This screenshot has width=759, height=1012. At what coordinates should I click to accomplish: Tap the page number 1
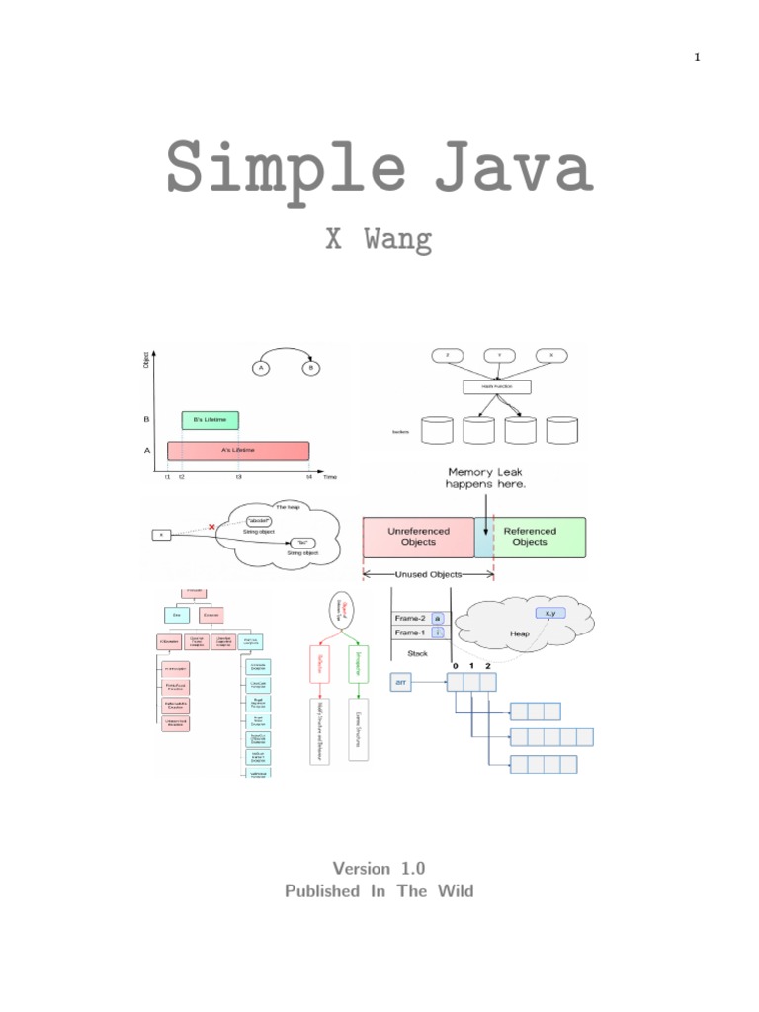697,57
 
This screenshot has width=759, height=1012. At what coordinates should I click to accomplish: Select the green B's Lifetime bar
210,420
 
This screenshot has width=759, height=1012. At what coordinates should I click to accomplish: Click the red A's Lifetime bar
238,451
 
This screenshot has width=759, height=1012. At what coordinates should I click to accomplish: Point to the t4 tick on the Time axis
309,476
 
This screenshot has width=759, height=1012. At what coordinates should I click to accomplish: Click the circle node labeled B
311,368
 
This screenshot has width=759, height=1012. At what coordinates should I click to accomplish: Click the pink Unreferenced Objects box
418,537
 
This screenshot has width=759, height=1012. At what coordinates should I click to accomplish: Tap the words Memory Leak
490,473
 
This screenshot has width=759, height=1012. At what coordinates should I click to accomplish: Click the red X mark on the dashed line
211,527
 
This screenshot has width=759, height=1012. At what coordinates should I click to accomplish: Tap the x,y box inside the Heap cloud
547,613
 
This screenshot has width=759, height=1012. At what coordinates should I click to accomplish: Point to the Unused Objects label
429,574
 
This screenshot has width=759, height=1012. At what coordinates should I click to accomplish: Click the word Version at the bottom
362,868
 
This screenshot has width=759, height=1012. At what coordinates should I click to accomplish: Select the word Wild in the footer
454,890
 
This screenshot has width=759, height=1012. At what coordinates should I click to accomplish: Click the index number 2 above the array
486,666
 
